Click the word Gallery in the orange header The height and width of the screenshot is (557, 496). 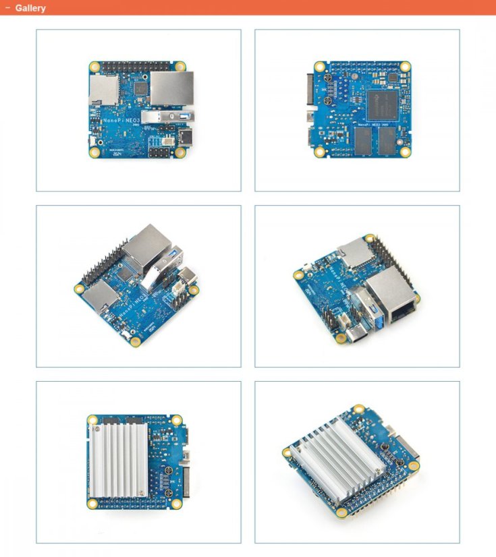coord(30,8)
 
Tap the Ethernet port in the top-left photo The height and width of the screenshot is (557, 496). coord(171,88)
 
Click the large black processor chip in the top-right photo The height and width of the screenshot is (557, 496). coord(384,102)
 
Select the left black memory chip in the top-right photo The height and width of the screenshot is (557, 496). coord(363,139)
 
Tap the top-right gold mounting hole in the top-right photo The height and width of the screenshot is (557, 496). coord(405,67)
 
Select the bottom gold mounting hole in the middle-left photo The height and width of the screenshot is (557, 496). coord(136,341)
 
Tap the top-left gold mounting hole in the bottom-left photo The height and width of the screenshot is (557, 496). coord(92,420)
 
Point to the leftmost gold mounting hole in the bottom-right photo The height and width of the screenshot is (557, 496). coord(288,450)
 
